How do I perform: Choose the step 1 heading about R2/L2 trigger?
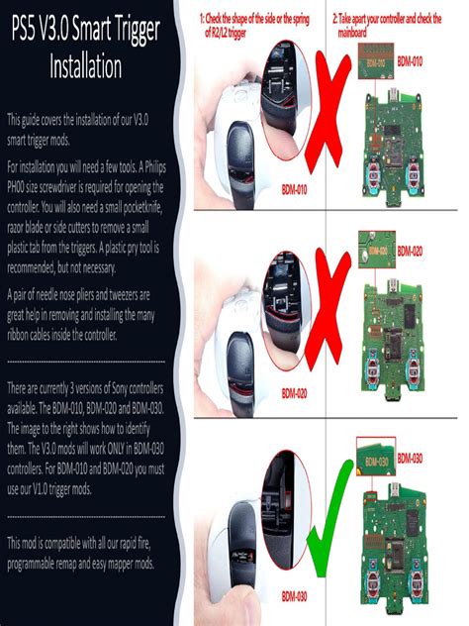[261, 25]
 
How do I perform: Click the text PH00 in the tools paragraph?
[19, 185]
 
